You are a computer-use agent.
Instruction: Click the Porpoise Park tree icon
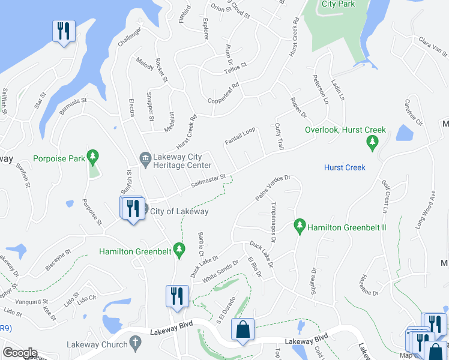tap(92, 158)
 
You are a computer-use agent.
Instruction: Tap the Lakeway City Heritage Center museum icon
tap(145, 158)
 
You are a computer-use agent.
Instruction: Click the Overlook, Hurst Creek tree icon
tap(372, 142)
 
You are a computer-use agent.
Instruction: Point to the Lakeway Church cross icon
tap(136, 344)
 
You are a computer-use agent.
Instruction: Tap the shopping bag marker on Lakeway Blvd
tap(243, 330)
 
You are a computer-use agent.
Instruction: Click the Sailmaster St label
tap(208, 181)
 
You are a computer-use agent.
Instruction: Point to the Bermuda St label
tap(73, 107)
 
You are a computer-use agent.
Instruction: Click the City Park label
tap(338, 4)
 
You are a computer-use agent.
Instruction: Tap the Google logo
tap(20, 353)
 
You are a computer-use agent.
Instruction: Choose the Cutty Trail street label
tap(279, 136)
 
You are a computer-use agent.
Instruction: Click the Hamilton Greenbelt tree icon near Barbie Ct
tap(178, 248)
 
